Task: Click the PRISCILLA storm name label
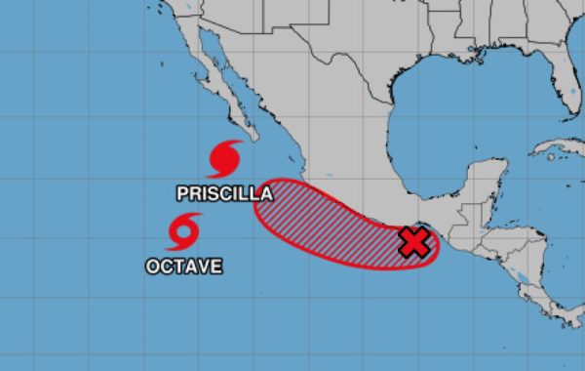coord(224,193)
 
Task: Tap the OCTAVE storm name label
coord(183,265)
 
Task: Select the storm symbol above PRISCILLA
coord(225,158)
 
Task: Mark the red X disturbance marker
coord(415,242)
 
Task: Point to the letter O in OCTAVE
coord(152,265)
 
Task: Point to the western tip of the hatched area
coord(256,195)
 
